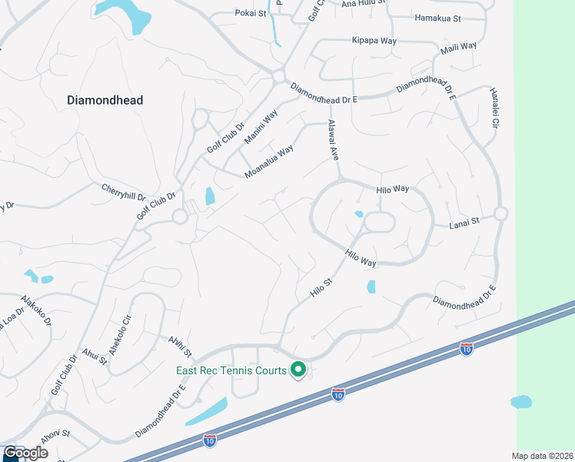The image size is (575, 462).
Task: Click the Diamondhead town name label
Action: click(x=105, y=100)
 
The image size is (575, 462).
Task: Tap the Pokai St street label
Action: click(x=250, y=13)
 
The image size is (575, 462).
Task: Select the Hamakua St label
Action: click(x=437, y=18)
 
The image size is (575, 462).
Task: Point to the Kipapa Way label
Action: click(x=374, y=40)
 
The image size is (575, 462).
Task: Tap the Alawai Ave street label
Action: click(x=333, y=139)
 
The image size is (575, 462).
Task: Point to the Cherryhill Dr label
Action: click(x=123, y=190)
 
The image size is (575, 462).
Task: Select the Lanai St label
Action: click(x=464, y=221)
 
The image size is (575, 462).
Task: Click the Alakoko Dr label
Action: click(x=36, y=310)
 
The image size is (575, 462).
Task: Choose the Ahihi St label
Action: click(x=178, y=342)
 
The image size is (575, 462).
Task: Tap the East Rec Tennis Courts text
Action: click(x=229, y=371)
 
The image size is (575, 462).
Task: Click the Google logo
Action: click(x=25, y=453)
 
